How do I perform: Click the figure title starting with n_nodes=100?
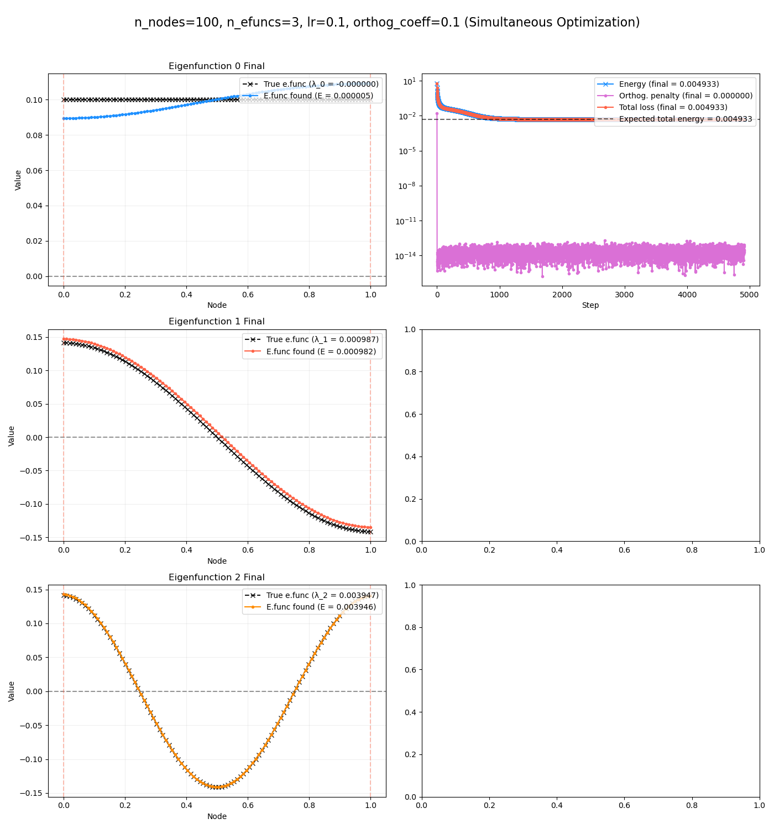tap(387, 23)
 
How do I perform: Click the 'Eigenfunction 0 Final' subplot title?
tap(216, 66)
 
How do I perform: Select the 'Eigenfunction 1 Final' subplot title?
tap(216, 322)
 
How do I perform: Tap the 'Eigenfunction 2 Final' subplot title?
tap(216, 578)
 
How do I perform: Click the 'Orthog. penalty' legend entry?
tap(686, 96)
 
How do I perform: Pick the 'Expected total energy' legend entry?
tap(686, 119)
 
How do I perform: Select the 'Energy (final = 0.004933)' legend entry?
tap(669, 84)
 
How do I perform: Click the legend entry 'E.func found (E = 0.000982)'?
tap(321, 351)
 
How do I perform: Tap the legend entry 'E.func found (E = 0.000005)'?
tap(318, 96)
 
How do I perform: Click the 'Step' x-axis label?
tap(590, 306)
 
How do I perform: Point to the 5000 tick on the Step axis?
tap(749, 295)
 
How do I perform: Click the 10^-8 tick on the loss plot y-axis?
tap(408, 186)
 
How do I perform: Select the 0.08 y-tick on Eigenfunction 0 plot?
tap(34, 135)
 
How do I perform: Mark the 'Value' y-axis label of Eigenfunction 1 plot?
tap(12, 436)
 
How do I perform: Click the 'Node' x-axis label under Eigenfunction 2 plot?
tap(217, 817)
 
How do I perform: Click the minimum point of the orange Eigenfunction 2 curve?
tap(217, 786)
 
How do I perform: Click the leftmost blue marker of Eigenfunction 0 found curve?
tap(64, 118)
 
